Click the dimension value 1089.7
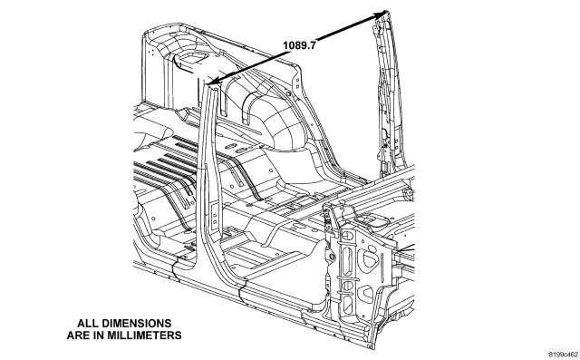300,45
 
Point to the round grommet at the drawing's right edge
409,193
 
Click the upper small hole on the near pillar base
214,215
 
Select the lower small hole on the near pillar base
214,222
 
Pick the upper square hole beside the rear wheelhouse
298,80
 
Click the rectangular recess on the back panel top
193,58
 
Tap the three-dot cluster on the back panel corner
151,51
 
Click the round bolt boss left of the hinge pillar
331,257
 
